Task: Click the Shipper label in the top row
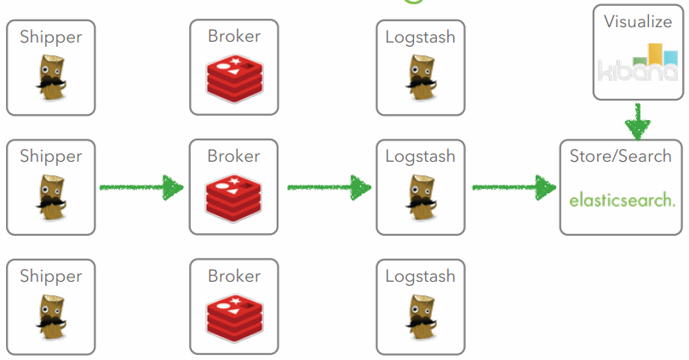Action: pyautogui.click(x=51, y=37)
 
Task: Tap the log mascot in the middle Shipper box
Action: pyautogui.click(x=50, y=193)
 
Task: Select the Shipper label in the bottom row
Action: pyautogui.click(x=51, y=277)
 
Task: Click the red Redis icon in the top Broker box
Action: pyautogui.click(x=233, y=74)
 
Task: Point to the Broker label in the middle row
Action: pyautogui.click(x=233, y=157)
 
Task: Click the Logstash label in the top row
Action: pyautogui.click(x=420, y=37)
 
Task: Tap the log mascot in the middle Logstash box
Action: pyautogui.click(x=420, y=193)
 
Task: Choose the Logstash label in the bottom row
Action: pyautogui.click(x=420, y=277)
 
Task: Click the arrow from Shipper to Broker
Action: pyautogui.click(x=141, y=187)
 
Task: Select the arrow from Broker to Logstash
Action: pyautogui.click(x=329, y=187)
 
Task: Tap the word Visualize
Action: pyautogui.click(x=638, y=22)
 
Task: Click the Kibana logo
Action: pyautogui.click(x=638, y=63)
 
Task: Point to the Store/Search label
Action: pyautogui.click(x=622, y=157)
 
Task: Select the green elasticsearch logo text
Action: pyautogui.click(x=622, y=201)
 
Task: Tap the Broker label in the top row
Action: pyautogui.click(x=233, y=37)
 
